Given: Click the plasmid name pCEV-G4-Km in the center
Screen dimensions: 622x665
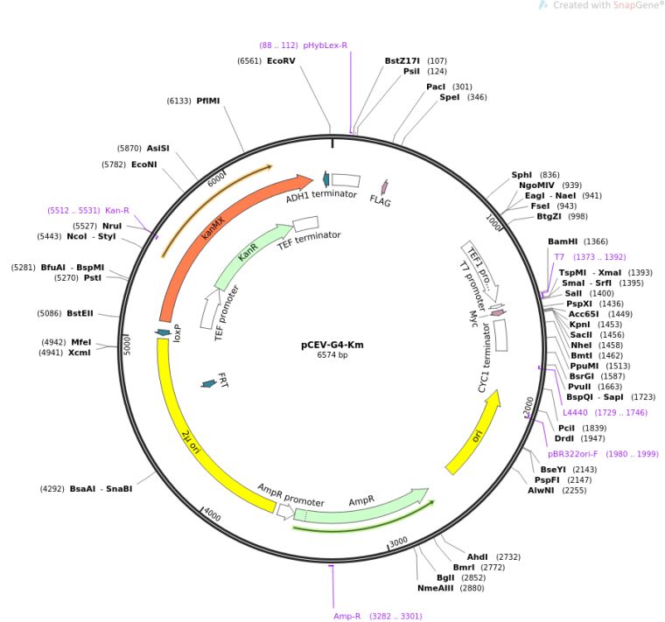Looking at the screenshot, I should pyautogui.click(x=332, y=344).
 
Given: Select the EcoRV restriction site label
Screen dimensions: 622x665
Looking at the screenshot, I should pyautogui.click(x=281, y=61).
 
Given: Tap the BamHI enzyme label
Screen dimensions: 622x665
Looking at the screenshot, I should pyautogui.click(x=564, y=241).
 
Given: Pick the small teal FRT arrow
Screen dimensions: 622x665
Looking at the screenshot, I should pyautogui.click(x=208, y=383).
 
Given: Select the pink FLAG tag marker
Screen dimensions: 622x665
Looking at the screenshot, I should pyautogui.click(x=382, y=186).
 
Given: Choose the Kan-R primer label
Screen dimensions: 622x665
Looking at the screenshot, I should pyautogui.click(x=117, y=210).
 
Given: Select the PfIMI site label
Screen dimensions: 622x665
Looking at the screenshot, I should pyautogui.click(x=207, y=101).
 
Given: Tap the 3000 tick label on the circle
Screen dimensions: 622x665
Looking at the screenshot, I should pyautogui.click(x=398, y=542).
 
